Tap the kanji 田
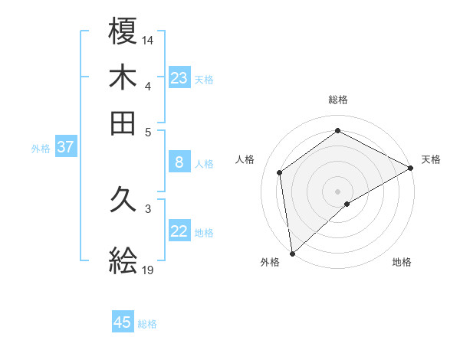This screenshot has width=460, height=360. [123, 123]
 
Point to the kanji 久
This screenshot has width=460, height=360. [123, 200]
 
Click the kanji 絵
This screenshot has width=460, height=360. [123, 261]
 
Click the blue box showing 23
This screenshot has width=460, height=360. [179, 78]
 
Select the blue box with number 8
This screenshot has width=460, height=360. [179, 162]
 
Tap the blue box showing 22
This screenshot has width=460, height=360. [179, 231]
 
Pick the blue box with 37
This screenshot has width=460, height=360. [65, 148]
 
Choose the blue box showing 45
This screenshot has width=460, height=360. [123, 322]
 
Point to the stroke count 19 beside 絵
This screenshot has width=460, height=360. [148, 270]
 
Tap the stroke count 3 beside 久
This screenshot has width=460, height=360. [148, 208]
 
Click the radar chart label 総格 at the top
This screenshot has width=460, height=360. [338, 100]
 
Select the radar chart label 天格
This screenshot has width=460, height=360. [431, 159]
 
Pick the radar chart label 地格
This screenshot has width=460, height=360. [402, 262]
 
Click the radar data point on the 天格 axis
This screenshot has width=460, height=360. [411, 168]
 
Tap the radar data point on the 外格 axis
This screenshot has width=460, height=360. [292, 253]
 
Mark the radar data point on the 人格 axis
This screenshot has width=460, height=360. [280, 172]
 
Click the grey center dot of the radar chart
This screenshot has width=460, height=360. [338, 191]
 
